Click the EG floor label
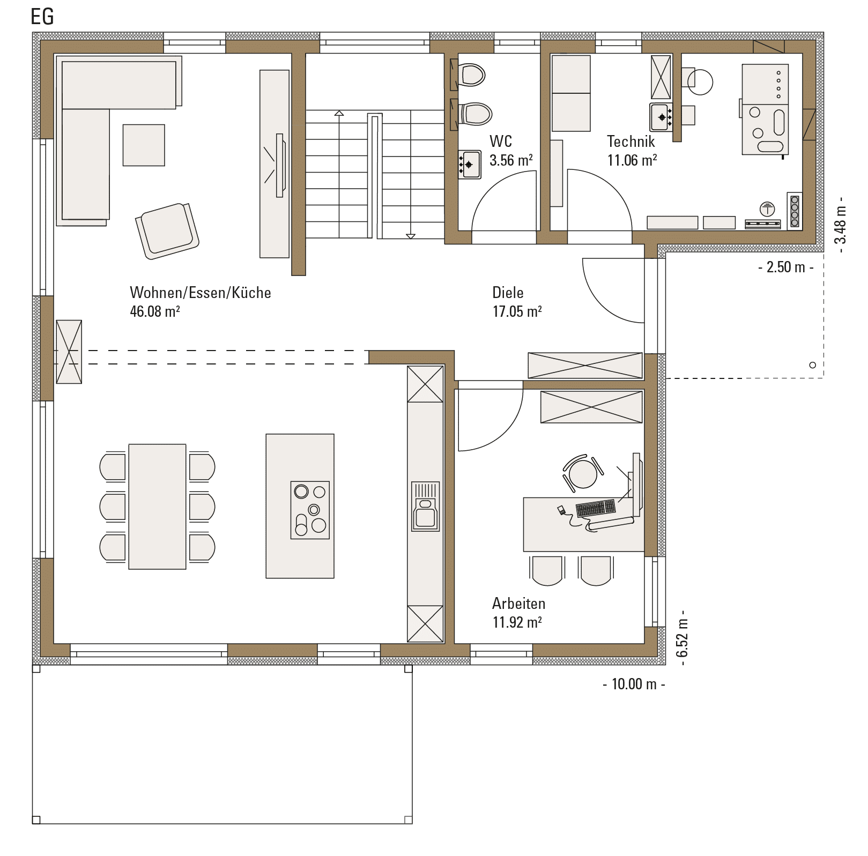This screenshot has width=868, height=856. pyautogui.click(x=42, y=17)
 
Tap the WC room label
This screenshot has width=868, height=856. pyautogui.click(x=501, y=142)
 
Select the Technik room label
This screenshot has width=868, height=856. pyautogui.click(x=630, y=142)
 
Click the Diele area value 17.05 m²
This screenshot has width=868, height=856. pyautogui.click(x=517, y=311)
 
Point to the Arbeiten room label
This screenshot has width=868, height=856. pyautogui.click(x=518, y=604)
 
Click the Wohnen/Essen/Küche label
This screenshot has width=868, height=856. pyautogui.click(x=201, y=293)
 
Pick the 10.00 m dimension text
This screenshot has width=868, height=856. pyautogui.click(x=634, y=684)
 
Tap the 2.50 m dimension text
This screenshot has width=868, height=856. pyautogui.click(x=786, y=267)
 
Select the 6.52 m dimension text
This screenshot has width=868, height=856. pyautogui.click(x=681, y=638)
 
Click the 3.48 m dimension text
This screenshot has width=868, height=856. pyautogui.click(x=840, y=221)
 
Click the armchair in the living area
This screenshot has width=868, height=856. pyautogui.click(x=167, y=230)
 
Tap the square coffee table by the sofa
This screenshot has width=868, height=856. pyautogui.click(x=144, y=145)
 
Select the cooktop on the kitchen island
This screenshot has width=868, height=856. pyautogui.click(x=310, y=510)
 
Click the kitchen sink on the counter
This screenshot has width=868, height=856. pyautogui.click(x=425, y=507)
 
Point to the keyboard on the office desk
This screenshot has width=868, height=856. pyautogui.click(x=596, y=508)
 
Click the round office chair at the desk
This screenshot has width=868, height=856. pyautogui.click(x=583, y=473)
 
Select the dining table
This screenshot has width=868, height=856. pyautogui.click(x=157, y=507)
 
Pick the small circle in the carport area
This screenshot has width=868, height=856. pyautogui.click(x=812, y=365)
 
